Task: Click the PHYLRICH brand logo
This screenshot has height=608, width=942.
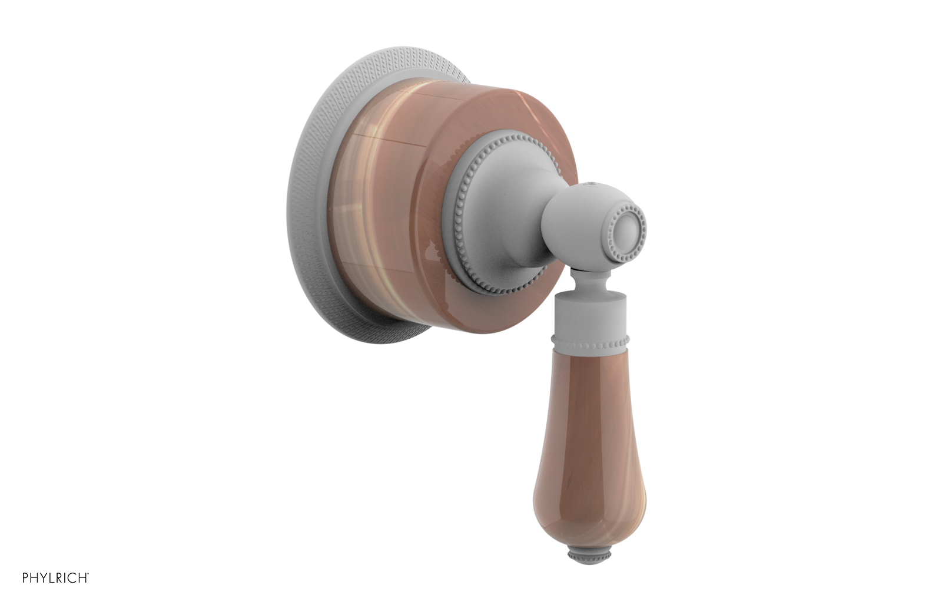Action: point(55,578)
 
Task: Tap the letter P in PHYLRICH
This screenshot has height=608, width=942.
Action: point(25,578)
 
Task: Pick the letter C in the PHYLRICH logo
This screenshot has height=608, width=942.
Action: point(72,578)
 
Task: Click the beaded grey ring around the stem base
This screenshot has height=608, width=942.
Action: point(456,219)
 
